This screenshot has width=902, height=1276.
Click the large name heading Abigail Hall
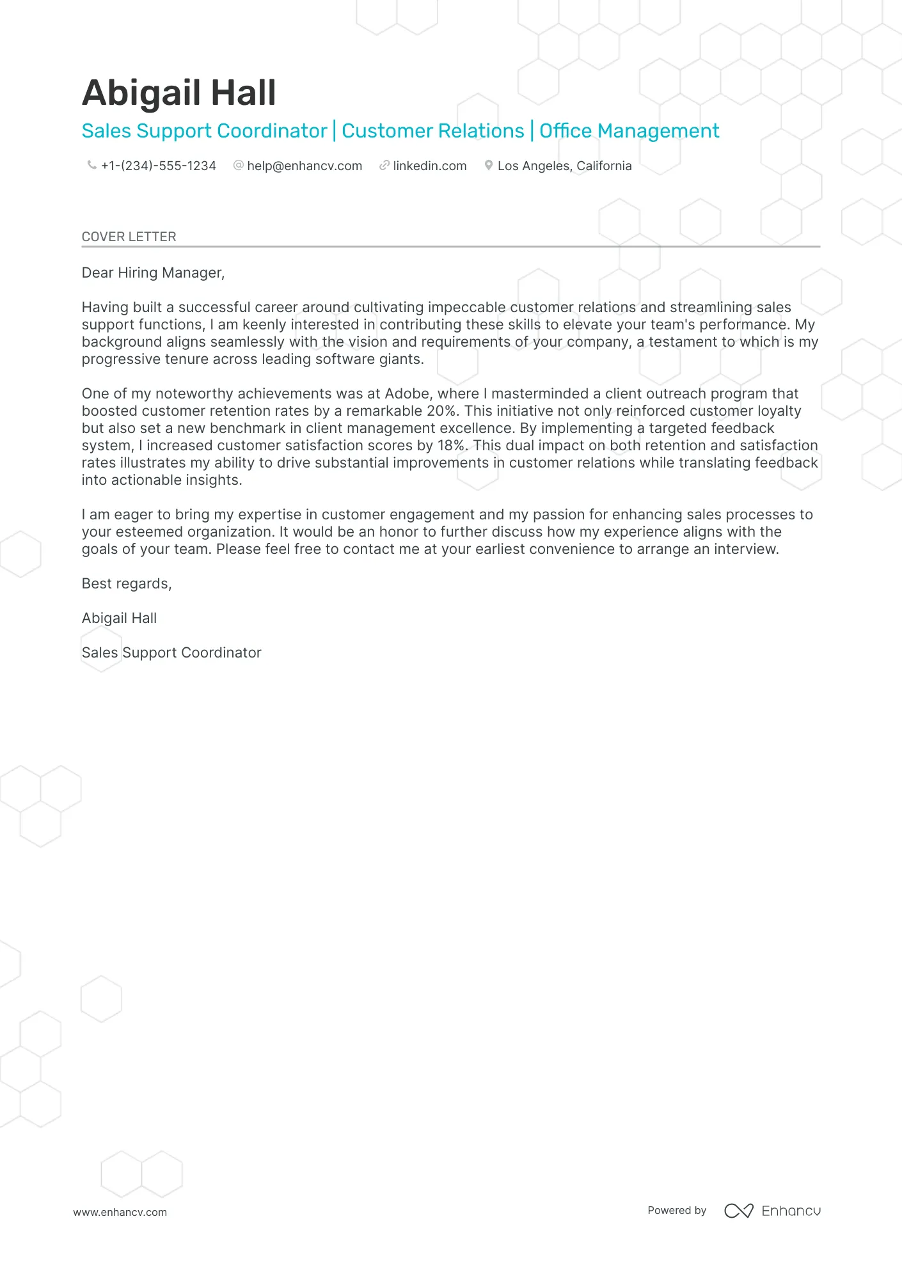click(178, 93)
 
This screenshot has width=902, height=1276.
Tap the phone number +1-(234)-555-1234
click(159, 166)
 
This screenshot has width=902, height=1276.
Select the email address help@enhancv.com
click(305, 166)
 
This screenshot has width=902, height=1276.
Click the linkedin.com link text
click(430, 166)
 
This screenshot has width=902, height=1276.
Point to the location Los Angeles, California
click(564, 166)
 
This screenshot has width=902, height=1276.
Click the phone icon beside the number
click(91, 165)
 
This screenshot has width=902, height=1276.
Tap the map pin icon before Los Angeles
click(489, 166)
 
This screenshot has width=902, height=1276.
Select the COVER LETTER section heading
click(129, 237)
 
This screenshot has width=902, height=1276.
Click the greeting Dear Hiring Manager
click(153, 273)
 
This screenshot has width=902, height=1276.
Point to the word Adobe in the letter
click(407, 394)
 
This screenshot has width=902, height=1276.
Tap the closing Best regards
click(127, 584)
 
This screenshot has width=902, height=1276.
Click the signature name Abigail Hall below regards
click(119, 618)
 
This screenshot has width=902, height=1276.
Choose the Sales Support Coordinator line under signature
click(171, 653)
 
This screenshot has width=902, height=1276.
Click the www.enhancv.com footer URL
click(120, 1212)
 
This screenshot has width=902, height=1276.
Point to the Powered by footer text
click(677, 1210)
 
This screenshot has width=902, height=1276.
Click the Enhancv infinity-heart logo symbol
click(738, 1211)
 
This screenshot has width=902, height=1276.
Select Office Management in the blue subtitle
click(629, 131)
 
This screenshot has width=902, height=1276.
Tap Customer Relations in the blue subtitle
click(432, 131)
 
